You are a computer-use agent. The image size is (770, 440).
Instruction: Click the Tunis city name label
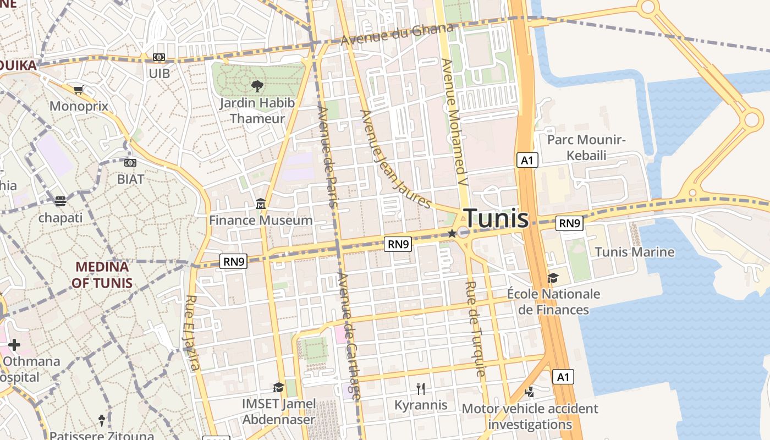point(496,218)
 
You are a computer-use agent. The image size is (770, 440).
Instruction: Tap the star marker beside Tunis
point(452,233)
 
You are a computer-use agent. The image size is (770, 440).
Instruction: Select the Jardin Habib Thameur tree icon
point(256,86)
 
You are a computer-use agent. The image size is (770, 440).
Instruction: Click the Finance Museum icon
point(261,205)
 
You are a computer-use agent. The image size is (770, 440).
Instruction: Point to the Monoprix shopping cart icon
point(78,90)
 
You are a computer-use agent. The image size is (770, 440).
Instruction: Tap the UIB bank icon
point(159,57)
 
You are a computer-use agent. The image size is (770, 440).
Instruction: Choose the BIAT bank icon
point(130,163)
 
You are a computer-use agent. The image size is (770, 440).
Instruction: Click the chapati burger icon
point(61,201)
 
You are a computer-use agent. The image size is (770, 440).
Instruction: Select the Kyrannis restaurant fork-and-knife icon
point(421,389)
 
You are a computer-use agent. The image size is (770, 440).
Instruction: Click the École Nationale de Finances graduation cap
point(553,278)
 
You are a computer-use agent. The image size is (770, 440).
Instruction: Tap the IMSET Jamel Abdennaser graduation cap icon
point(278,387)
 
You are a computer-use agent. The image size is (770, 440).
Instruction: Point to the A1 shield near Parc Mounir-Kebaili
point(527,160)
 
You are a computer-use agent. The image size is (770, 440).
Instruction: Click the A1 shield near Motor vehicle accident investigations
point(563,377)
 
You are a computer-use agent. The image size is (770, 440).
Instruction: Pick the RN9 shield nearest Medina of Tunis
point(234,261)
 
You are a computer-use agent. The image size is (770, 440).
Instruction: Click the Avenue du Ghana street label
point(396,35)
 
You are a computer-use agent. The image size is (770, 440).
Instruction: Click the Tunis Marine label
point(635,252)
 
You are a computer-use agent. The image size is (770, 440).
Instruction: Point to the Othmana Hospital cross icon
point(14,345)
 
